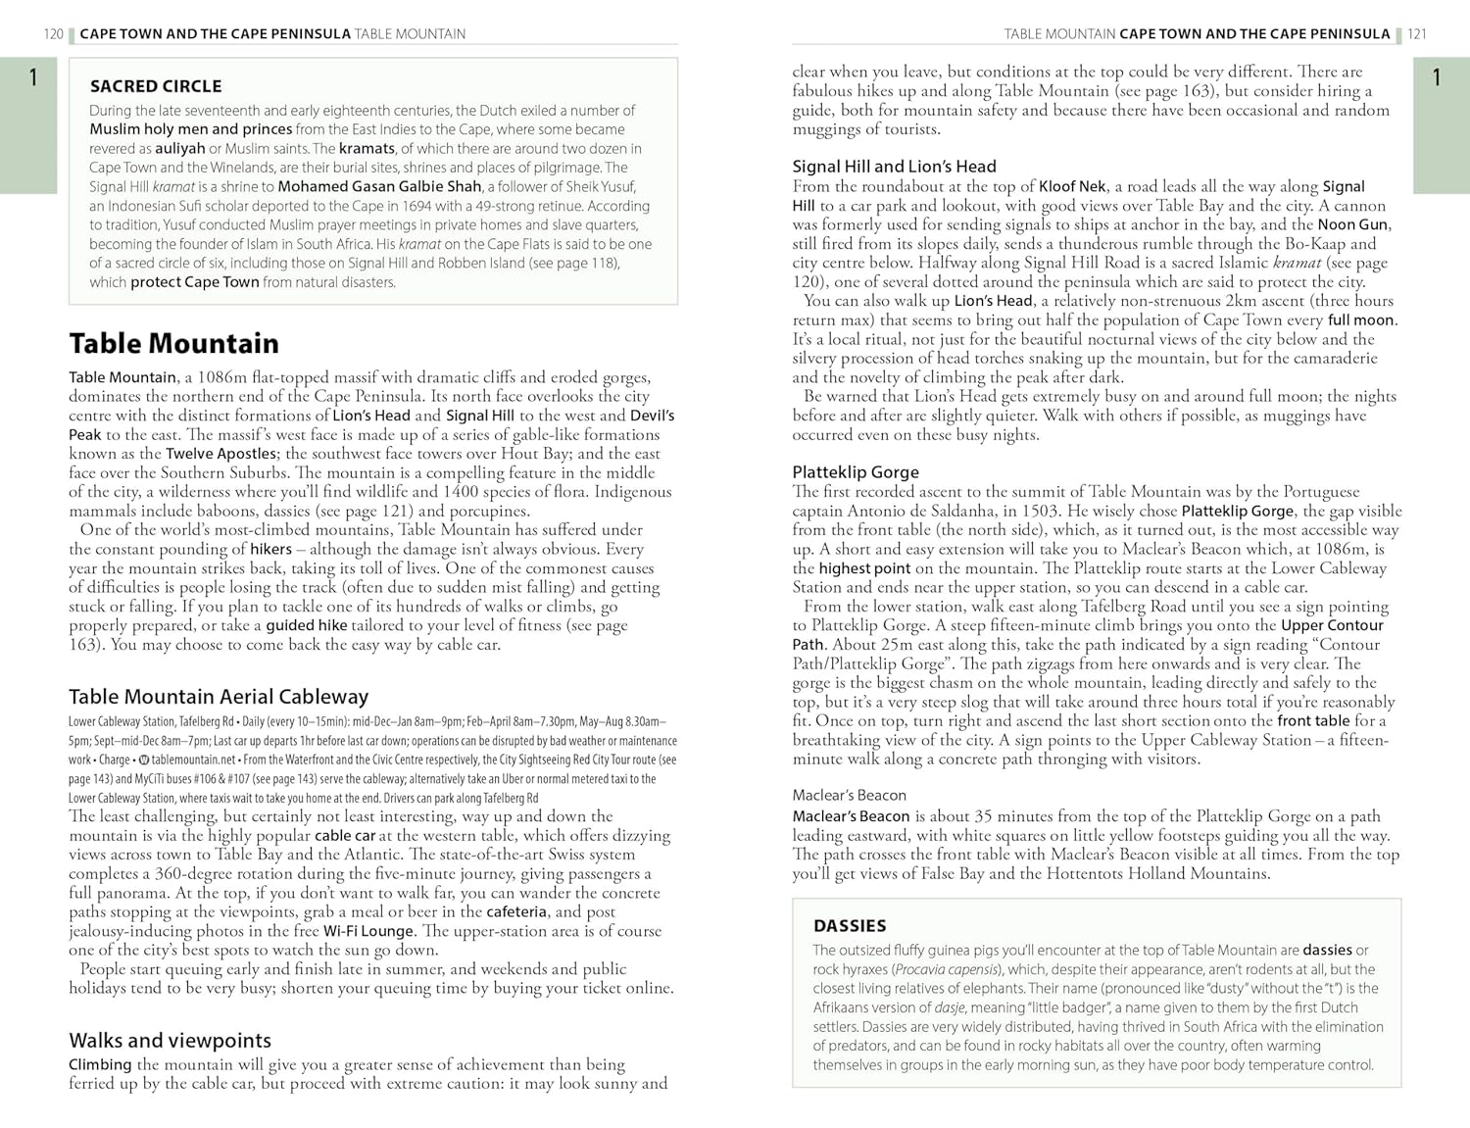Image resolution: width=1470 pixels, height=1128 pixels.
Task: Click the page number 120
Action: (x=53, y=34)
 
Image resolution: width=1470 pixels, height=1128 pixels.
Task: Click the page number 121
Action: (x=1417, y=34)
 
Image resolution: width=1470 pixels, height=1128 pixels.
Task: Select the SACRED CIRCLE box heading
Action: (x=156, y=86)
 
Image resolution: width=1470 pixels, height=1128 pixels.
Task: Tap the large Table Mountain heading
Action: (x=173, y=343)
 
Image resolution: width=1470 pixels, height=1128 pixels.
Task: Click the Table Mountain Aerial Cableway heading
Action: (x=219, y=697)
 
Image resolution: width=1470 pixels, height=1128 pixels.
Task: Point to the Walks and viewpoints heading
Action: (x=170, y=1041)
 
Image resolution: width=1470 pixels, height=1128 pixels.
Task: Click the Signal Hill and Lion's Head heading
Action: (x=894, y=167)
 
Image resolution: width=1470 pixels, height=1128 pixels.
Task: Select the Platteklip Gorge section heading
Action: (x=856, y=472)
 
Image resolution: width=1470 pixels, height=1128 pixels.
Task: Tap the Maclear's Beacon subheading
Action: (x=849, y=796)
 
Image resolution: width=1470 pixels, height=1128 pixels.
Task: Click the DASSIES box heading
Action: (x=850, y=926)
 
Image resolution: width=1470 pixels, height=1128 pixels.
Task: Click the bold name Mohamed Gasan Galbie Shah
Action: (x=379, y=186)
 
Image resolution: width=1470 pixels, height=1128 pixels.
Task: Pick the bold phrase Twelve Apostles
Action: (x=220, y=454)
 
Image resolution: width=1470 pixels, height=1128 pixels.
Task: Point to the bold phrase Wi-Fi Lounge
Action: (x=368, y=931)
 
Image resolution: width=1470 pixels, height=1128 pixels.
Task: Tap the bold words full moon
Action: (x=1361, y=319)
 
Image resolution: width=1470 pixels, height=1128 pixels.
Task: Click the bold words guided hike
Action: (x=307, y=625)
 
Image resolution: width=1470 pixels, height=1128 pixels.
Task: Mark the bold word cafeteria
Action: (x=516, y=911)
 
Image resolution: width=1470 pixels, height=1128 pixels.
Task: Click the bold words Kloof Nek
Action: (x=1072, y=186)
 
